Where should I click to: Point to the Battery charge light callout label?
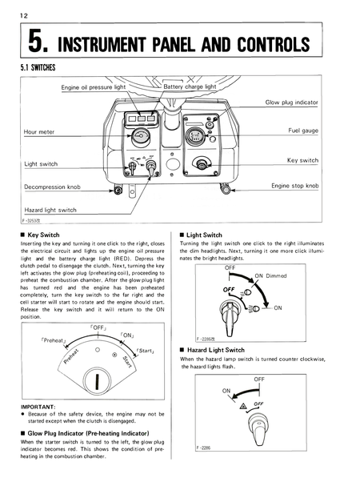coord(190,86)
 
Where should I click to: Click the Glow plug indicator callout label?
coord(292,103)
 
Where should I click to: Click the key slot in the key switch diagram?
coord(96,381)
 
